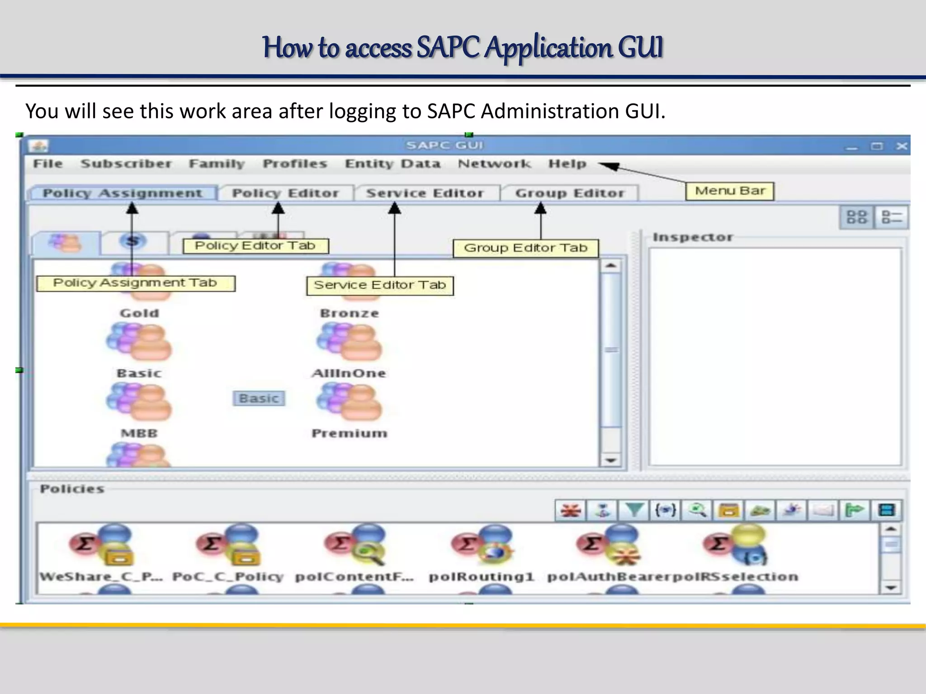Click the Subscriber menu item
[x=126, y=164]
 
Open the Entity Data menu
[x=392, y=164]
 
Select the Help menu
[x=567, y=164]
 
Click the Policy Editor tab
[x=285, y=193]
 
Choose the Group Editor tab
[x=569, y=193]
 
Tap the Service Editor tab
[x=425, y=193]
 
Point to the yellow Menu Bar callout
[x=729, y=191]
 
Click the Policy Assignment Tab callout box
[x=135, y=283]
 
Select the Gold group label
[x=139, y=313]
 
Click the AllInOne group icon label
[x=349, y=373]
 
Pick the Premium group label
[x=349, y=433]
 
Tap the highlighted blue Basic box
[x=259, y=399]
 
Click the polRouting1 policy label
[x=481, y=577]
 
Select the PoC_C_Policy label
[x=228, y=577]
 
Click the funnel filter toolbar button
[x=633, y=511]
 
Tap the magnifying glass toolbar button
[x=697, y=511]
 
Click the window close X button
[x=902, y=146]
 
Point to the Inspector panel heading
[x=692, y=237]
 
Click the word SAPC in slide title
[x=447, y=47]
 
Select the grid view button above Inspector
[x=856, y=217]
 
